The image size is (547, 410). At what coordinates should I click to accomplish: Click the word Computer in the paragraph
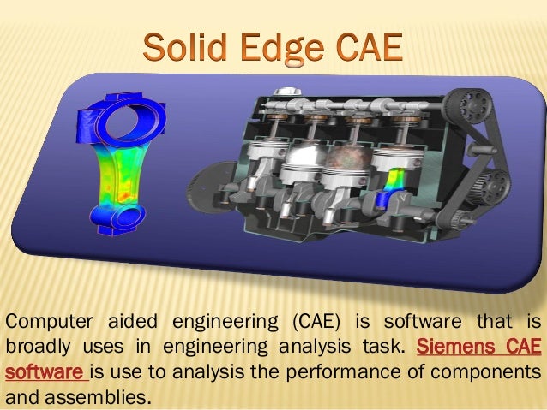(x=48, y=322)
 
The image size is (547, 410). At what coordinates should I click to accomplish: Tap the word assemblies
(x=101, y=397)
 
